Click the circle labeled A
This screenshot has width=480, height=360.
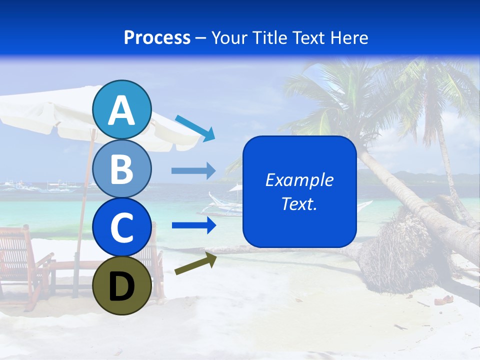[122, 110]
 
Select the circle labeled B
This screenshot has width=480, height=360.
[122, 168]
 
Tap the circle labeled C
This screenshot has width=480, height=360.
[122, 227]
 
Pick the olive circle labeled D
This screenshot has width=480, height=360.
[122, 285]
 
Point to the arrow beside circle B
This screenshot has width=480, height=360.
[193, 171]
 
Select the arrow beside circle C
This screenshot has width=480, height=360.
[193, 225]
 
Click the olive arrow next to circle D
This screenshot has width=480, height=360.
[195, 263]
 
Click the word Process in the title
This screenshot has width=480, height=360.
[157, 37]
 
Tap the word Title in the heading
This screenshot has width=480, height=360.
[270, 37]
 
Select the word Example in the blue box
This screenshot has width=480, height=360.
[299, 180]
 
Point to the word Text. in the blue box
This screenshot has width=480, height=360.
[299, 204]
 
